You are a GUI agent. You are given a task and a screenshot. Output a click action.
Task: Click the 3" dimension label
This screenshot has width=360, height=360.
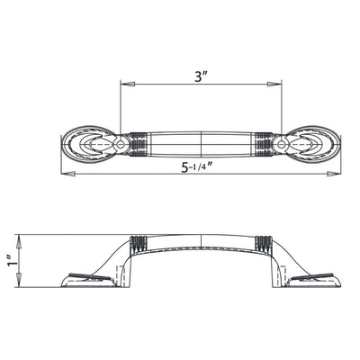click(200, 77)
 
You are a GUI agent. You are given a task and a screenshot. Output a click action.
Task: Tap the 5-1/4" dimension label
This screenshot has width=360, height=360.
click(199, 166)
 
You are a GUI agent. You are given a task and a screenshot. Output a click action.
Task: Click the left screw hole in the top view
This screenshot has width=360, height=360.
click(121, 144)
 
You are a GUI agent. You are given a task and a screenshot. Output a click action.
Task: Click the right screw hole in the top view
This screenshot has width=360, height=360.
click(282, 144)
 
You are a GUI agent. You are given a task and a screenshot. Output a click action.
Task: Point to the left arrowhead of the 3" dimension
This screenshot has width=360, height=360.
click(127, 85)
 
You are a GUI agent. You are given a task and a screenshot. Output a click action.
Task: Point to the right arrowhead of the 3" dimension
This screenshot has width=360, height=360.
click(274, 85)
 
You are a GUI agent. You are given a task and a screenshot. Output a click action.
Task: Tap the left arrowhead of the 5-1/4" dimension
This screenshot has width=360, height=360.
click(67, 174)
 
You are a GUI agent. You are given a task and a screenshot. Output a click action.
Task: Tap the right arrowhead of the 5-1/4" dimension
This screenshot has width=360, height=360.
click(333, 174)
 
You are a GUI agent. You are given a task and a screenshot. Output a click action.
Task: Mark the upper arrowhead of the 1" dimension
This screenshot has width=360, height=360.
click(19, 242)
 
